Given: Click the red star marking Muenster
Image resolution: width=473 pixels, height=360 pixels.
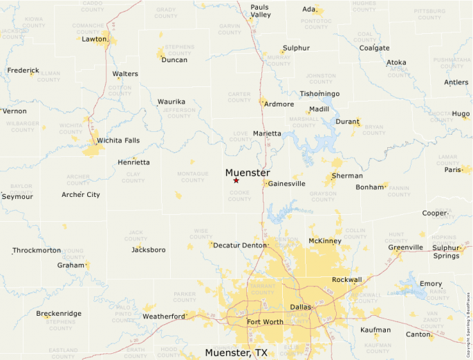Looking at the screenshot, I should (x=236, y=180).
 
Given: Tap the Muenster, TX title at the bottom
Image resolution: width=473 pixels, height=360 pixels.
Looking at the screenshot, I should (x=236, y=352).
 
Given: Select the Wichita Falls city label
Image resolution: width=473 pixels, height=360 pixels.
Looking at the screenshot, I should (x=118, y=140).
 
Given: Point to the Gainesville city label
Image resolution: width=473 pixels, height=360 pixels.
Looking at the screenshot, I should (x=286, y=184).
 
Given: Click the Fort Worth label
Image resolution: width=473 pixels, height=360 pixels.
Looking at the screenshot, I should (x=265, y=322).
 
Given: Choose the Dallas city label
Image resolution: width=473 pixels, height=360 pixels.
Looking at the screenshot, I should (x=301, y=306).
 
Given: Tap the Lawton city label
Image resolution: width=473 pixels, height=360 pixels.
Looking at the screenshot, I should (x=94, y=39).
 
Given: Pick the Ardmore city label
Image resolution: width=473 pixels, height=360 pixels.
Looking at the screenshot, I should (x=279, y=104).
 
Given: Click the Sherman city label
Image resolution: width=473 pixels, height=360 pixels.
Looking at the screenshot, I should (x=346, y=176).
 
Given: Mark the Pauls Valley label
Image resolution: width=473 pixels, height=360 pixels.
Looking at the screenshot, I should (x=260, y=10).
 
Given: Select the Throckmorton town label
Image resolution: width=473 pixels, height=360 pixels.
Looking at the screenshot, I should (x=36, y=250).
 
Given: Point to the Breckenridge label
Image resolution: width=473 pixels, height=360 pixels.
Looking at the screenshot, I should (x=59, y=314).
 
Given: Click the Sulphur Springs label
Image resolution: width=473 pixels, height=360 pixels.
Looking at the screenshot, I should (x=446, y=252).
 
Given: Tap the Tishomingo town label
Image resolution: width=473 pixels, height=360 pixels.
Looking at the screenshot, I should (x=319, y=93).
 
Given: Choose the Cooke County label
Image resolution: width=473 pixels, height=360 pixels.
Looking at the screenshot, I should (x=239, y=196).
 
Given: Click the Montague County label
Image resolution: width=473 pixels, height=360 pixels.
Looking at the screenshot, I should (x=193, y=177).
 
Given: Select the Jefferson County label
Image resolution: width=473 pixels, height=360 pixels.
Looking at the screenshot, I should (x=178, y=113).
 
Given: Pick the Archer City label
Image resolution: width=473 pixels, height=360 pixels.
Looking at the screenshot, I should (x=81, y=195).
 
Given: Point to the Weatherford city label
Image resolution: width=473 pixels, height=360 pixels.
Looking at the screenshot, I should (x=164, y=316).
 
